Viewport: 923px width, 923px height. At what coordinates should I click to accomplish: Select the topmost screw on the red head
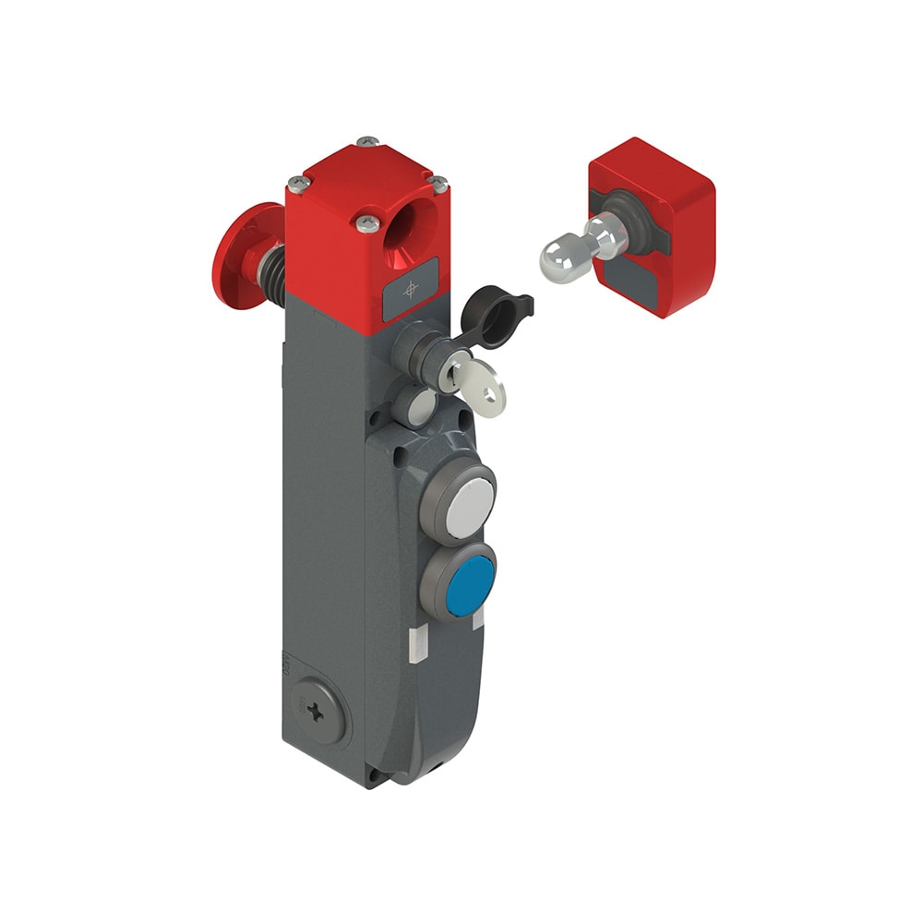click(x=368, y=141)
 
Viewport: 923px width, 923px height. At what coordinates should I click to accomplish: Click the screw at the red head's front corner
click(x=367, y=222)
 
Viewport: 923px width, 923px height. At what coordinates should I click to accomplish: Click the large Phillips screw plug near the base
click(x=318, y=717)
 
